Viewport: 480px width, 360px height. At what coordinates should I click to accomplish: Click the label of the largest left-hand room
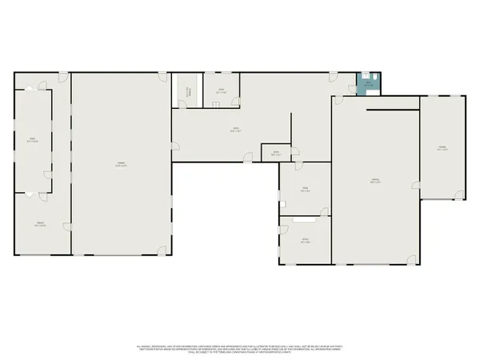click(121, 164)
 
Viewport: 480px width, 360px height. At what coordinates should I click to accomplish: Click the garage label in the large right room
click(374, 181)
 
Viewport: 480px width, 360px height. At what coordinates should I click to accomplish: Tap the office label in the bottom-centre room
click(305, 241)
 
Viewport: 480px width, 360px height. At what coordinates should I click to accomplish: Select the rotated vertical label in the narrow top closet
click(189, 91)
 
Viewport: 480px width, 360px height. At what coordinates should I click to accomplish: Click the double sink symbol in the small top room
click(222, 77)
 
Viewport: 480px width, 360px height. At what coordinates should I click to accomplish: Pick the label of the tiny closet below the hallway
click(274, 153)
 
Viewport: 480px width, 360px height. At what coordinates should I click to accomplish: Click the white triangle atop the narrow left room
click(33, 89)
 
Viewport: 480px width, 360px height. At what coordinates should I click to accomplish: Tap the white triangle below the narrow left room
click(30, 194)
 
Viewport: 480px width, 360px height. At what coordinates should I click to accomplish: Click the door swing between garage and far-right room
click(416, 182)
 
